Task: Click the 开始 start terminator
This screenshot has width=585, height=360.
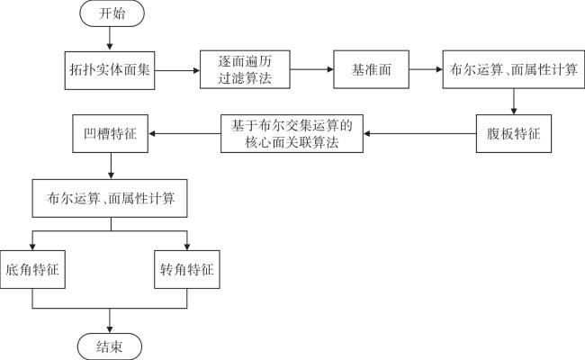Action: tap(109, 14)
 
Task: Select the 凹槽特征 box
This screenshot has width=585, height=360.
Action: tap(110, 133)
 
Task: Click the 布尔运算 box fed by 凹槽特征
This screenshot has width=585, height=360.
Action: tap(110, 200)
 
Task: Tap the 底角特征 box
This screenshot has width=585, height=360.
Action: tap(35, 268)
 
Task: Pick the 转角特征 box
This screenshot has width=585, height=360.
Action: tap(187, 268)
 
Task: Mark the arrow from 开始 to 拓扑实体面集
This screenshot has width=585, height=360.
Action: tap(109, 39)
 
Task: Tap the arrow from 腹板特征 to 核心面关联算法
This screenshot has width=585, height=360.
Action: tap(421, 133)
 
